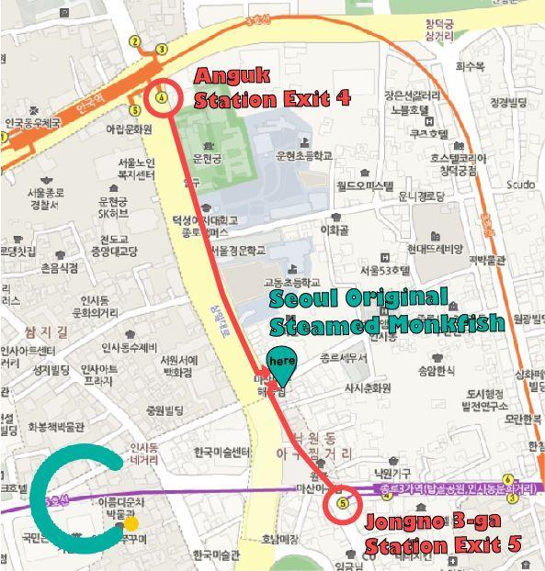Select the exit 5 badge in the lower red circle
click(x=343, y=503)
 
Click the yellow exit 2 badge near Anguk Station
click(x=135, y=40)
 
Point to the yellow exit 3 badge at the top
click(x=162, y=50)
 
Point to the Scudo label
click(x=519, y=185)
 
